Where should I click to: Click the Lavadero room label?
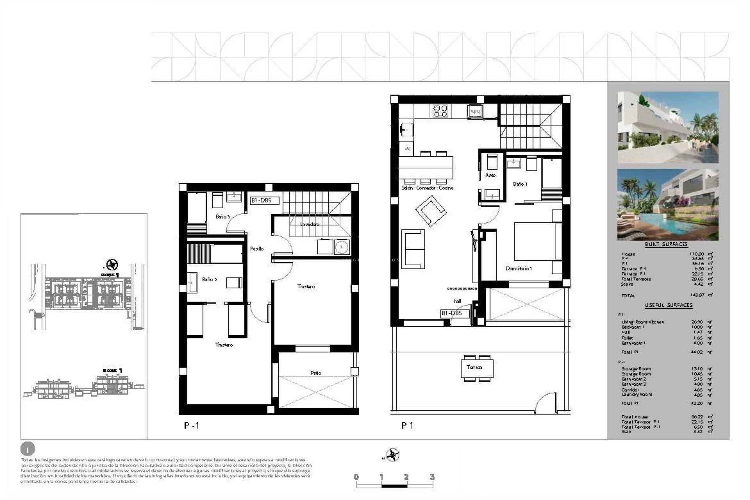309,224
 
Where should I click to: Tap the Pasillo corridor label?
257,248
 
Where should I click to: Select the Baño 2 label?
209,279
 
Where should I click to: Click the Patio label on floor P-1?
316,373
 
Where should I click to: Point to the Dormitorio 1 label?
519,268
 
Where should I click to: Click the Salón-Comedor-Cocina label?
427,188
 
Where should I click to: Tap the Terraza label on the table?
474,367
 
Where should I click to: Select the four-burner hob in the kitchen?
440,111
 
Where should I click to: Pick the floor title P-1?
191,425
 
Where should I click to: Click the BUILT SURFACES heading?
666,244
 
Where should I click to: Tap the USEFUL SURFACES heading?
668,305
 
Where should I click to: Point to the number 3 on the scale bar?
432,477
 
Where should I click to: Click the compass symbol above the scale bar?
392,455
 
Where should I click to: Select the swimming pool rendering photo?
668,205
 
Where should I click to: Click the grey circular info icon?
27,449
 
